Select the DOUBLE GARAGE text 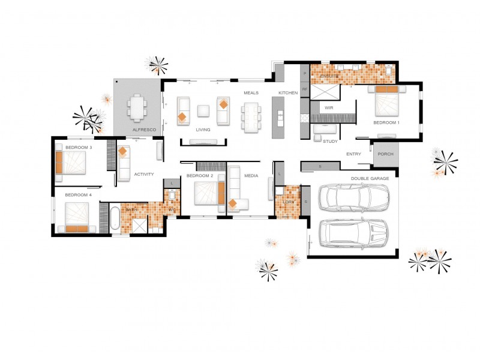371,178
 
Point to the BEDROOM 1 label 386,122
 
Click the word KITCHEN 288,93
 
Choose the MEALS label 251,93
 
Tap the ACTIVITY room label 144,174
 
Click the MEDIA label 251,176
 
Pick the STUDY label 331,142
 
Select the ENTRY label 354,154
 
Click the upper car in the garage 354,197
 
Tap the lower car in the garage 354,234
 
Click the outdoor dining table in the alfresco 137,108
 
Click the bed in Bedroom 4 76,217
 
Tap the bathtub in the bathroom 114,218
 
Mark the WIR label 328,108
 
